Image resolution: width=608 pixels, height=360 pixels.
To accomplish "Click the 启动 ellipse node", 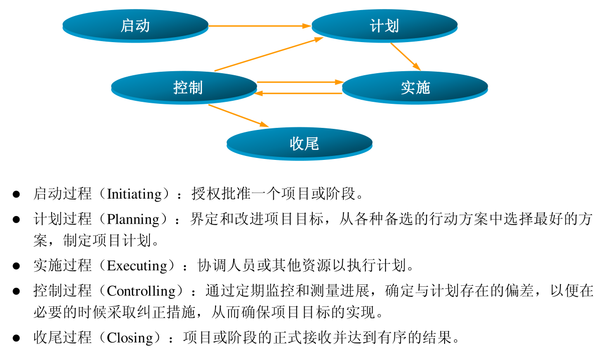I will coord(135,25).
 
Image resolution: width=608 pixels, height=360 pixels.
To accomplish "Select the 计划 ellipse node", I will coord(384,26).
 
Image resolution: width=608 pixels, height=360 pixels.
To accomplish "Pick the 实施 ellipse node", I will coord(415,87).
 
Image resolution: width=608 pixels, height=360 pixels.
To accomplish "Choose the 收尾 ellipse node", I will coord(299,143).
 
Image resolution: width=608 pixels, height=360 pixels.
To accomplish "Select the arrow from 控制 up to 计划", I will coord(268,54).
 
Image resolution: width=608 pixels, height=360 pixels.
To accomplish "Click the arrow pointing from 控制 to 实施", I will coord(299,82).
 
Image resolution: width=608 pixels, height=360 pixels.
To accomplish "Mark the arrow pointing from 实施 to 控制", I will coord(299,93).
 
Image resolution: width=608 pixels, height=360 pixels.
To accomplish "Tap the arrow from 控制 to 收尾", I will coord(239,115).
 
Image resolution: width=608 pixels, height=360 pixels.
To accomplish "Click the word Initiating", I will coord(135,194).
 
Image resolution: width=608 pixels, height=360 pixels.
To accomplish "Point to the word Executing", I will coord(137,265).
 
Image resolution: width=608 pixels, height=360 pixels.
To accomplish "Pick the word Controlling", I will coord(142,291).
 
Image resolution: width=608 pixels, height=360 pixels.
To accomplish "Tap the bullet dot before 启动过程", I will coord(16,194).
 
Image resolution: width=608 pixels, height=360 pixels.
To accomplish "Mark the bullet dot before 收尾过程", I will coord(16,337).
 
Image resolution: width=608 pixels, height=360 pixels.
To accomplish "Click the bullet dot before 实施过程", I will coord(16,265).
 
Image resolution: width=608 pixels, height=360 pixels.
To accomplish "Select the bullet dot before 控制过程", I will coord(16,291).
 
